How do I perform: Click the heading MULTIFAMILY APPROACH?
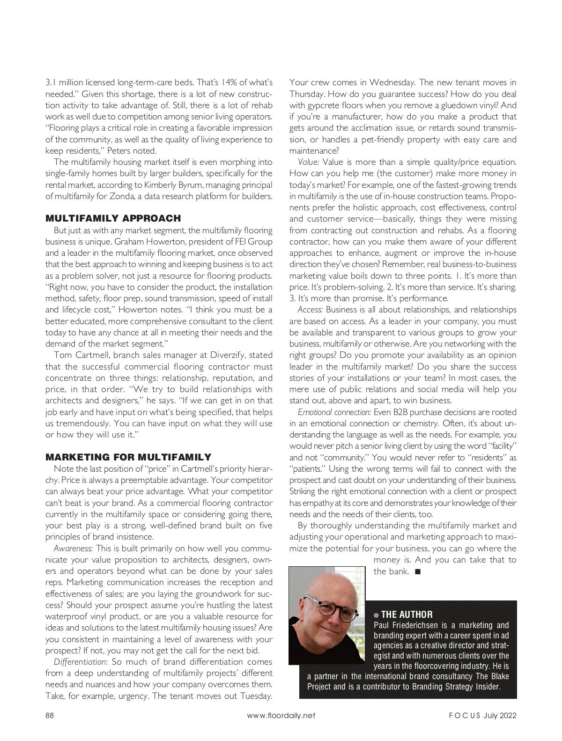[x=113, y=218]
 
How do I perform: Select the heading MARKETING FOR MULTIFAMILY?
[x=128, y=457]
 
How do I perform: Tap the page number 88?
[x=50, y=715]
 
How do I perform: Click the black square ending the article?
[x=417, y=571]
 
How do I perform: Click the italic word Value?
[x=309, y=162]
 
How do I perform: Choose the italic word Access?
[x=310, y=310]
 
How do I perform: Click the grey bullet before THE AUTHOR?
[x=376, y=615]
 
